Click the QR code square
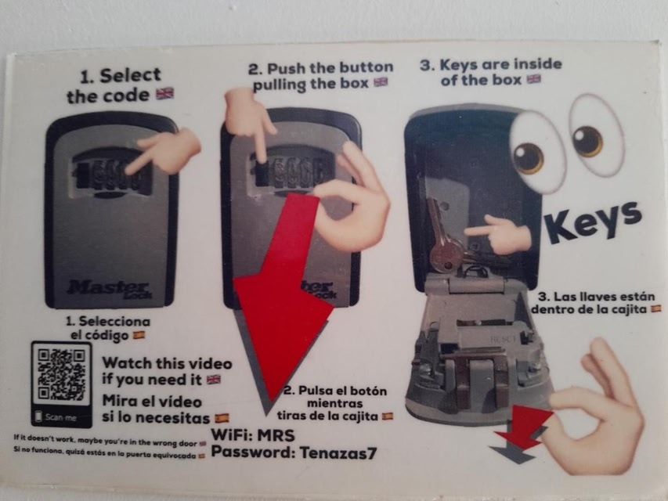[62, 375]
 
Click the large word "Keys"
[593, 222]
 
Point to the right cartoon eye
[596, 135]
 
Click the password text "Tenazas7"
[338, 452]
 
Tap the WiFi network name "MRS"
[276, 435]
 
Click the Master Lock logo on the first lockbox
[110, 289]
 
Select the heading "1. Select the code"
[115, 85]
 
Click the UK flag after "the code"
[165, 93]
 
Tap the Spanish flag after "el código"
[139, 335]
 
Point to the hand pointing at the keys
[497, 234]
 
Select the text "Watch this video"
[167, 363]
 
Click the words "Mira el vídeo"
[152, 402]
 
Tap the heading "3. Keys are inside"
[491, 64]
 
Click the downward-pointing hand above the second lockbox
[249, 117]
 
